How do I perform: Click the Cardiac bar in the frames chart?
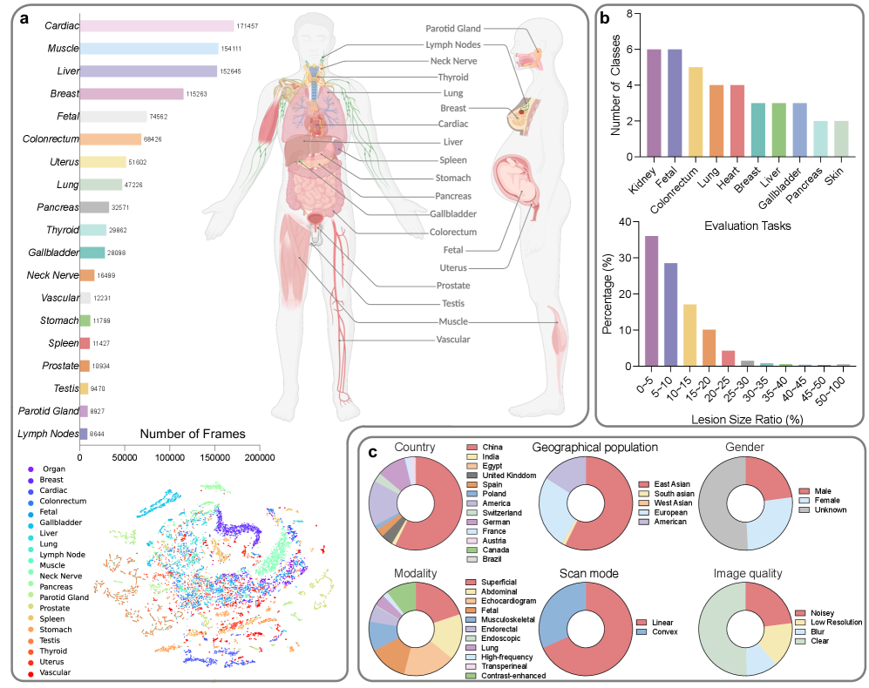[157, 26]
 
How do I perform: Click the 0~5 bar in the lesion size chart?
[652, 300]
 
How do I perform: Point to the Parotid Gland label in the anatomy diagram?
[460, 29]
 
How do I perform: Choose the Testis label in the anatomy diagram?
[452, 303]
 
